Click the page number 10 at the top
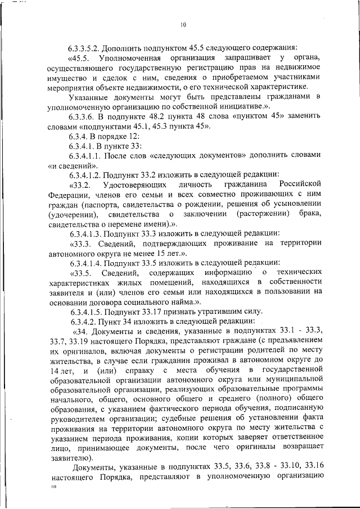183,24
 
